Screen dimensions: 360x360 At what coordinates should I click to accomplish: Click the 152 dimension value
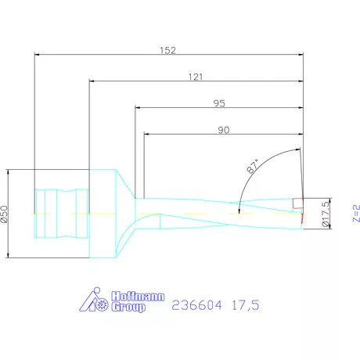point(167,50)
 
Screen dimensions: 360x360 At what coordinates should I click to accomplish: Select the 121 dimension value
point(196,77)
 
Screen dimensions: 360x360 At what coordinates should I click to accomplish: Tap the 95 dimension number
point(220,103)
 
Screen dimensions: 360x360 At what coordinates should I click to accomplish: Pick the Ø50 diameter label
point(5,213)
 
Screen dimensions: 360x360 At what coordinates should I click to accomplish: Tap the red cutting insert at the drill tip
point(297,204)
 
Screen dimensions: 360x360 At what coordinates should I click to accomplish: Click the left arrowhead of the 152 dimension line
point(37,55)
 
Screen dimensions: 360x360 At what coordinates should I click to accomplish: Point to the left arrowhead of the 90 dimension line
point(147,135)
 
